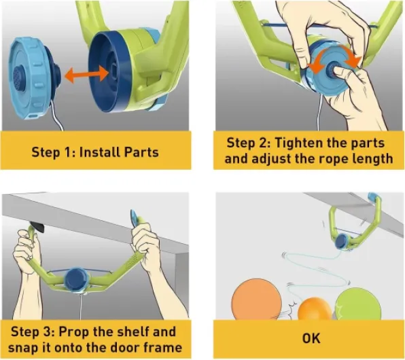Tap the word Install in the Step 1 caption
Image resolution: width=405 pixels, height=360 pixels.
pos(99,152)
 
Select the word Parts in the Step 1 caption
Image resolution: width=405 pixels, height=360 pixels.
pos(141,152)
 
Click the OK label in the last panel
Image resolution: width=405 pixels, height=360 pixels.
pos(311,338)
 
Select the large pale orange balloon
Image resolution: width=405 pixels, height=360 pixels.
pos(256,300)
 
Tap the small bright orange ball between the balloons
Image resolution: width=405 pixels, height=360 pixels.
pos(315,309)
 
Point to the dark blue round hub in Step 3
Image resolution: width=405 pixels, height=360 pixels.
pos(77,279)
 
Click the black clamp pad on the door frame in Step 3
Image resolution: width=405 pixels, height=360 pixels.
pos(37,227)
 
